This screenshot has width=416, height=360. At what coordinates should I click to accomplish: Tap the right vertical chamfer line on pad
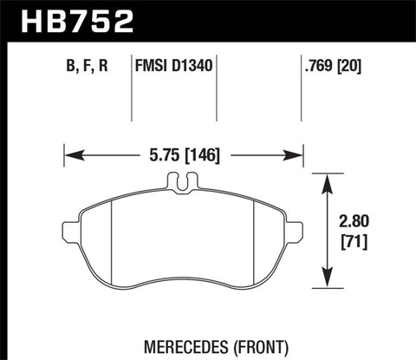coord(252,239)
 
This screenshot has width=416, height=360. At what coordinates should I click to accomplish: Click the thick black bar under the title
coord(208,39)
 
